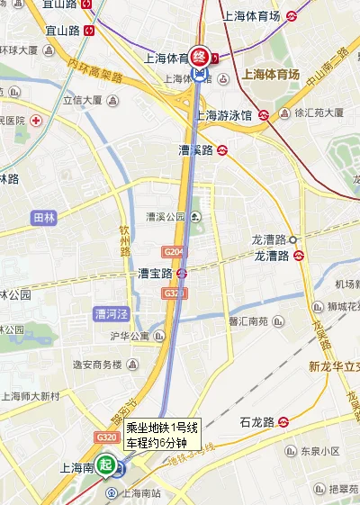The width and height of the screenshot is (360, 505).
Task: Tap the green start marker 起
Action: click(107, 465)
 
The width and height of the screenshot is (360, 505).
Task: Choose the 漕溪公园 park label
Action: click(166, 217)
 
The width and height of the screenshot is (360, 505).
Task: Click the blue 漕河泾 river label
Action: click(112, 314)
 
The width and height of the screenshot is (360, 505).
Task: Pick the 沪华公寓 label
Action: click(129, 337)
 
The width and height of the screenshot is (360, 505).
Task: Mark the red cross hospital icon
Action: click(36, 120)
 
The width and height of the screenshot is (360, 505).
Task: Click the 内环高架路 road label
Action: click(94, 71)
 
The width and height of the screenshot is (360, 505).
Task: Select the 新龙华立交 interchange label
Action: click(333, 365)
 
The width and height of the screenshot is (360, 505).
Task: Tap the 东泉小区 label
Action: click(319, 450)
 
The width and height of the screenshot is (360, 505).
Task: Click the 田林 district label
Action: click(43, 218)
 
